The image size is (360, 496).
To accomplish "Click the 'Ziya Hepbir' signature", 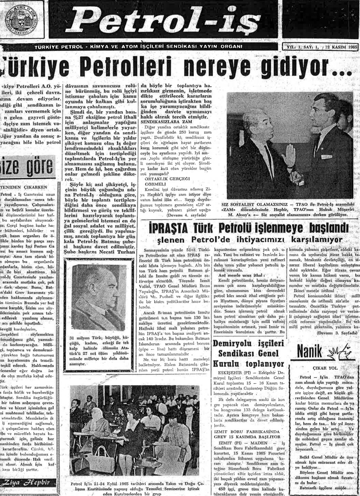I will [25, 482].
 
